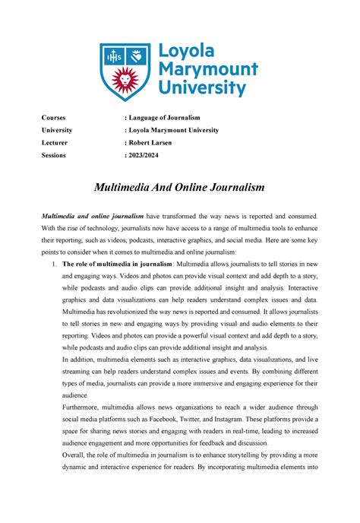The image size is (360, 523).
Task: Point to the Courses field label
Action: pos(54,119)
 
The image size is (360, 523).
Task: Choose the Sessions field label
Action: pos(55,155)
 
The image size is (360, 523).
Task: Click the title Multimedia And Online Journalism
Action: pos(180,187)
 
